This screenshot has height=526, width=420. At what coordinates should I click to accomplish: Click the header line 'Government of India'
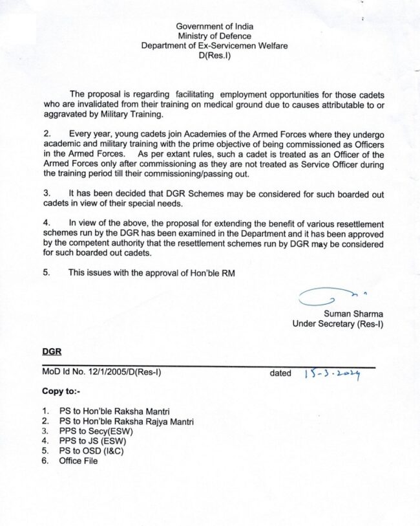click(x=215, y=26)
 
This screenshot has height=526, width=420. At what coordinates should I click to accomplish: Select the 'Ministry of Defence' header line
click(x=215, y=36)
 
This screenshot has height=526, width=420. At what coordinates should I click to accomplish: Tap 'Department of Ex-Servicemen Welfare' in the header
click(x=215, y=46)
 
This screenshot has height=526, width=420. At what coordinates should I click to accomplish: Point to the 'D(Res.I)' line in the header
click(x=215, y=56)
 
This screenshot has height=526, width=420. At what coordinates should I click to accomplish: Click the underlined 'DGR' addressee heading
click(x=52, y=352)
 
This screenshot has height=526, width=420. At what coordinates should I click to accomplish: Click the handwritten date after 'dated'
click(x=331, y=373)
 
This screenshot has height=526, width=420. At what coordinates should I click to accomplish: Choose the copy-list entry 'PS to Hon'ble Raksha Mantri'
click(x=118, y=411)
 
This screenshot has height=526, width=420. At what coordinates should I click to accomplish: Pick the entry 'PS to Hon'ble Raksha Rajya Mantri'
click(x=126, y=421)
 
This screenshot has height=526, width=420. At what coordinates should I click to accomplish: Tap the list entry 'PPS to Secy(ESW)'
click(x=93, y=431)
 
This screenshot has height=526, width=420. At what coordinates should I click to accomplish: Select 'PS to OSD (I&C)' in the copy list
click(x=90, y=451)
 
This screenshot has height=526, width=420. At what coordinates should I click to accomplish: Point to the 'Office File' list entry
click(x=78, y=461)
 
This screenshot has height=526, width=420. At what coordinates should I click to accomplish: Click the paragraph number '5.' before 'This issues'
click(x=47, y=273)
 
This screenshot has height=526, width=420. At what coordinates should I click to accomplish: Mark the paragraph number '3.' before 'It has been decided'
click(x=47, y=193)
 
